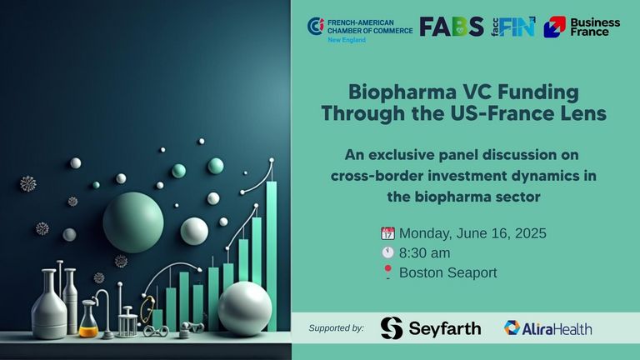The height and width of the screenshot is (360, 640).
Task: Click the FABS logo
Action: [x=452, y=27]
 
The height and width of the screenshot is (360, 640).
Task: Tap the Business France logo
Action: [x=582, y=27]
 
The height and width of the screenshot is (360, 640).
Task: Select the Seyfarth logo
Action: [x=431, y=328]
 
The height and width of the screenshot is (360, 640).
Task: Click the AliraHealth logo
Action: [x=547, y=328]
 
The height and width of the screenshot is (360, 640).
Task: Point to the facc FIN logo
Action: [x=513, y=27]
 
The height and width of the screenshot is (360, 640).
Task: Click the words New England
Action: [x=347, y=40]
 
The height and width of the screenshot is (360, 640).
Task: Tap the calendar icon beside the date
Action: [x=387, y=233]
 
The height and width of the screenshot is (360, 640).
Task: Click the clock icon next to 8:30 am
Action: [x=387, y=252]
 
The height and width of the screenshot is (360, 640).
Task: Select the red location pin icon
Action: [x=387, y=272]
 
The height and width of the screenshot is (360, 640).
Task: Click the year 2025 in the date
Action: [x=530, y=233]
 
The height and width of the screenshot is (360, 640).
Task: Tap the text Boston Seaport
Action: [x=447, y=272]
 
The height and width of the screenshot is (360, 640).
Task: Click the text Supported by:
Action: [x=337, y=328]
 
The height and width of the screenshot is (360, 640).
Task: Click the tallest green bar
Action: [x=272, y=256]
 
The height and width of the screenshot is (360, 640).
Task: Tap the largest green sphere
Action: [x=133, y=222]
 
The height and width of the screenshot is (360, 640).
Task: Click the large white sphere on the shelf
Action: [x=244, y=308]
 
